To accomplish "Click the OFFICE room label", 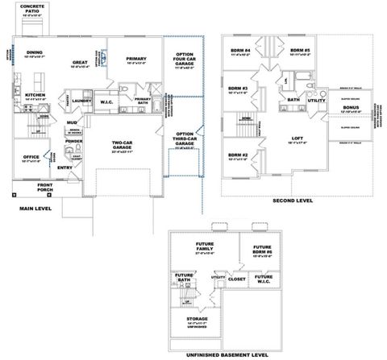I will (31, 157).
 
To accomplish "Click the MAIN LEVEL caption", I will (35, 209).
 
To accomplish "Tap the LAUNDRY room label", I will (82, 101).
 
